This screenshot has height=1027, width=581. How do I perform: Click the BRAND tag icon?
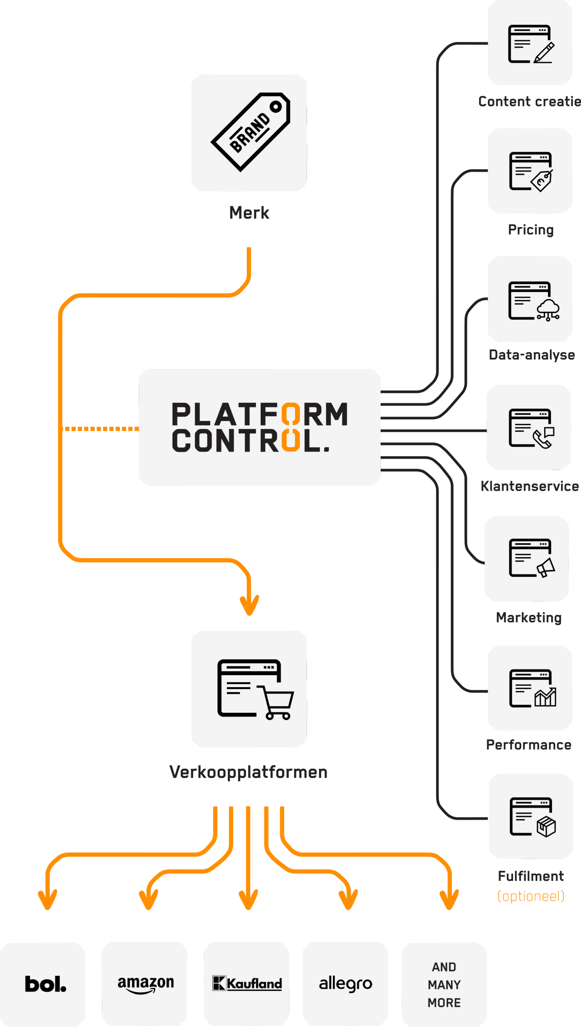coord(250,132)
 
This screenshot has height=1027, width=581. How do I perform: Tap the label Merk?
coord(249,213)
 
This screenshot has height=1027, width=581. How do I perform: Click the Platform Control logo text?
coord(260,427)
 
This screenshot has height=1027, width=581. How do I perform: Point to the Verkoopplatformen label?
coord(248,772)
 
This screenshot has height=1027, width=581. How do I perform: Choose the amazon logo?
coord(146,984)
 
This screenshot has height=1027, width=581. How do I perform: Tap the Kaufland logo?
coord(247,984)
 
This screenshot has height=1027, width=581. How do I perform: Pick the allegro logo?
coord(345,984)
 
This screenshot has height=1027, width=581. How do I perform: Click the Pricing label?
coord(530,230)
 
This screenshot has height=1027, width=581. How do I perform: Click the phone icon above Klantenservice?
coord(543,438)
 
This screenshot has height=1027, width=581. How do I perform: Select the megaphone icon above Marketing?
coord(546,567)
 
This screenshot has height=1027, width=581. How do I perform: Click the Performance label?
coord(529,745)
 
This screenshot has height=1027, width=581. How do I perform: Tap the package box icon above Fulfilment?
coord(546,826)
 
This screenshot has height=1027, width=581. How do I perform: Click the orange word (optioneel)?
coord(531,896)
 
